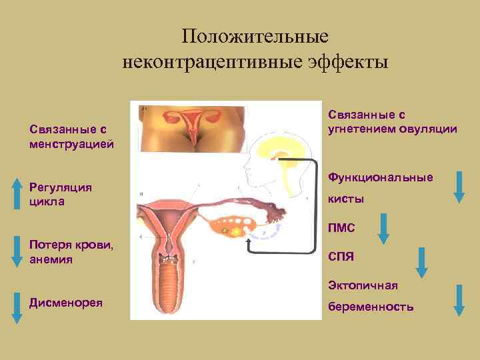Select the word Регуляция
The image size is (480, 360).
pos(61,188)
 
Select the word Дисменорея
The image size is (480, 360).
pos(66,302)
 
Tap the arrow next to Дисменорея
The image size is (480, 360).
pos(16,308)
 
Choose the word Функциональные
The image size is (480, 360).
pos(380,177)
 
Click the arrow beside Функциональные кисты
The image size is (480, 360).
pos(459,186)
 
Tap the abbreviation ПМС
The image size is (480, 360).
pos(341,229)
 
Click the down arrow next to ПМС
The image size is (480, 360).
pos(383,229)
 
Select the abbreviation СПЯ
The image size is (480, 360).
pos(341,257)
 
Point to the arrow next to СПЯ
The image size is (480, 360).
pos(421,262)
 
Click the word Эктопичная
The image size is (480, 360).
pos(363,285)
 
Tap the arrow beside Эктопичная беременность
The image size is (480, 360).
pos(459,299)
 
